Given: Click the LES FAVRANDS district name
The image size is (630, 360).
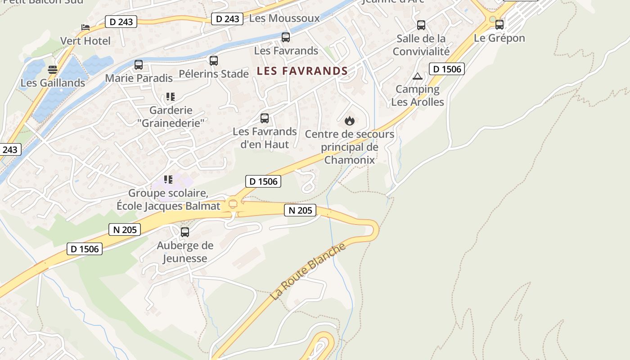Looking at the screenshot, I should [x=302, y=71].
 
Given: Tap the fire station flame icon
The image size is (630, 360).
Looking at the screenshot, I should [x=350, y=121].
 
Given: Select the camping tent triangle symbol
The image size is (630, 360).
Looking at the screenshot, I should [x=417, y=76].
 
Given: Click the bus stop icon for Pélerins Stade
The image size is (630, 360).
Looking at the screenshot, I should [x=214, y=60].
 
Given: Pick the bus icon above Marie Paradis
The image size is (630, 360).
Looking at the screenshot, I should [x=139, y=65].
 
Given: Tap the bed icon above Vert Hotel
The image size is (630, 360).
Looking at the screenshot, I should [x=85, y=27].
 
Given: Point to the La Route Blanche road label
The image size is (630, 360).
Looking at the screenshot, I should [x=309, y=272].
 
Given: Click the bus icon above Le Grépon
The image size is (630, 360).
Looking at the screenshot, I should [x=499, y=24].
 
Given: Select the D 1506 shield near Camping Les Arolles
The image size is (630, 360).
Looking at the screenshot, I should [x=446, y=69].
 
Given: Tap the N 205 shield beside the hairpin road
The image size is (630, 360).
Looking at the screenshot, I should [x=300, y=210].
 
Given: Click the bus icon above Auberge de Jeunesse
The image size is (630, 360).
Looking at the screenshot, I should [x=184, y=232].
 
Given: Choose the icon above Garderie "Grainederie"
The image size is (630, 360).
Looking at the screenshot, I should [x=170, y=97].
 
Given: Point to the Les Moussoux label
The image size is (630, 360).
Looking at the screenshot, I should [x=284, y=18].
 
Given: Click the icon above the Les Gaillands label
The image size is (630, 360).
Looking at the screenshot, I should [x=53, y=70].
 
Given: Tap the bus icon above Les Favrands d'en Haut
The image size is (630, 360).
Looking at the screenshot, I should [x=265, y=118].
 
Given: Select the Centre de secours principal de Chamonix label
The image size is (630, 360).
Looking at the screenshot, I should [x=350, y=147].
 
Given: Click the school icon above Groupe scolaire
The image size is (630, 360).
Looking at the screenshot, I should [x=168, y=180].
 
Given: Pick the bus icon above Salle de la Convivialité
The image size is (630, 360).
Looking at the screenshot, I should [x=421, y=25].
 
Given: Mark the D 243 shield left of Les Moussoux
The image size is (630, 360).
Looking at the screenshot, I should [x=227, y=19].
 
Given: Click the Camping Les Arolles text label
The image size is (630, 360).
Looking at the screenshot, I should [x=418, y=95].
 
